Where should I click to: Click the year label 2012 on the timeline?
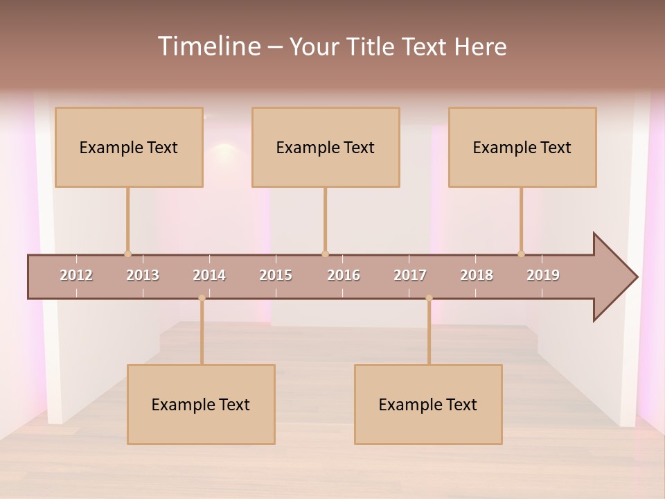pyautogui.click(x=76, y=275)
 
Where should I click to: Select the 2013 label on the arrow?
pyautogui.click(x=143, y=275)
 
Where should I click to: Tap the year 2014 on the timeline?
pyautogui.click(x=209, y=275)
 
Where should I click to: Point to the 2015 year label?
pyautogui.click(x=276, y=275)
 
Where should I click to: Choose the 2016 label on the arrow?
pyautogui.click(x=344, y=275)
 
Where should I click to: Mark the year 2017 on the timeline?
pyautogui.click(x=410, y=275)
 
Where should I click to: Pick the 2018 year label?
pyautogui.click(x=477, y=275)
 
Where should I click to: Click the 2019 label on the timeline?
pyautogui.click(x=543, y=275)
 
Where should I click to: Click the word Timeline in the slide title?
pyautogui.click(x=208, y=46)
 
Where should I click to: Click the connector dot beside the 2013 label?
pyautogui.click(x=127, y=254)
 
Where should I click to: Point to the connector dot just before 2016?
pyautogui.click(x=325, y=254)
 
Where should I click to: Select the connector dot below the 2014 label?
pyautogui.click(x=202, y=298)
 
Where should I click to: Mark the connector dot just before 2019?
pyautogui.click(x=521, y=254)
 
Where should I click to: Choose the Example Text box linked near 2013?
pyautogui.click(x=129, y=147)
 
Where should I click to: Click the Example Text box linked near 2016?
pyautogui.click(x=326, y=147)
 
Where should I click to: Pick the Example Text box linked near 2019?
pyautogui.click(x=522, y=147)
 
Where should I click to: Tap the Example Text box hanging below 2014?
pyautogui.click(x=201, y=404)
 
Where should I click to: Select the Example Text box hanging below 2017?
pyautogui.click(x=428, y=404)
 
